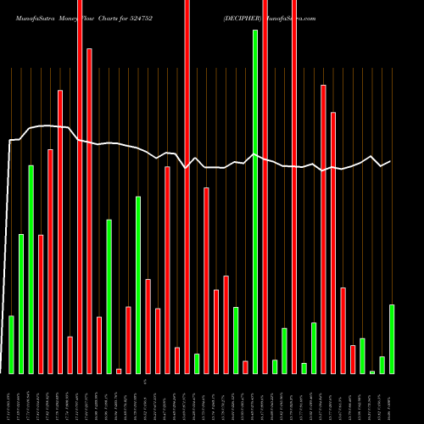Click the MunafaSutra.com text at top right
point(293,18)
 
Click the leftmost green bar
point(11,344)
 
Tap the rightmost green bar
point(392,338)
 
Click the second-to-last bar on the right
point(382,365)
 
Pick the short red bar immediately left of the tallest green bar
point(245,366)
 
